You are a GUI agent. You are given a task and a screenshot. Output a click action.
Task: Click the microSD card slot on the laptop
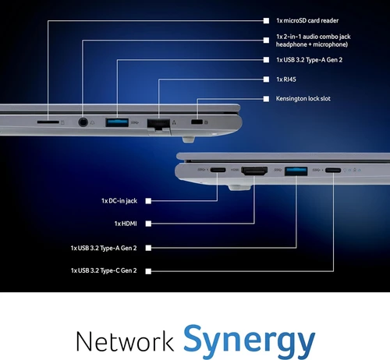click(x=48, y=122)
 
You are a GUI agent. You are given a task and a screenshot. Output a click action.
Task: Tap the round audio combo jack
click(x=83, y=122)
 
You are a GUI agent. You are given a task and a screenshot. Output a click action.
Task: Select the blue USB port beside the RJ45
click(x=117, y=122)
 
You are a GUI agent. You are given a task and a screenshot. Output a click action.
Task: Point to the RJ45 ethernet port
click(x=158, y=124)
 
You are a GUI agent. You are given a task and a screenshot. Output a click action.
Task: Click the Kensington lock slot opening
click(x=197, y=122)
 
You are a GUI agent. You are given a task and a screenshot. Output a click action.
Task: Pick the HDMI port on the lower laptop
click(x=254, y=171)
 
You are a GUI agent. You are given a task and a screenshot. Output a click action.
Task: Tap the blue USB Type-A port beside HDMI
click(x=296, y=171)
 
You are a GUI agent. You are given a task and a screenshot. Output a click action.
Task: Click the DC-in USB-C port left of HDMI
click(x=218, y=170)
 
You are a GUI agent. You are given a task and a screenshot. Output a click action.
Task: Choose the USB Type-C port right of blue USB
click(x=333, y=171)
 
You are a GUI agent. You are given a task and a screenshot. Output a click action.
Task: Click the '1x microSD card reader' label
click(x=307, y=20)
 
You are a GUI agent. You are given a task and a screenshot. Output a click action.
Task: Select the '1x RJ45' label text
click(x=286, y=79)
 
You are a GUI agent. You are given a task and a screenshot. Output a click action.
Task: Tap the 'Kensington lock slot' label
click(x=303, y=99)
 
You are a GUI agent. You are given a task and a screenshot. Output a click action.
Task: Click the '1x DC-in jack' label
click(x=119, y=201)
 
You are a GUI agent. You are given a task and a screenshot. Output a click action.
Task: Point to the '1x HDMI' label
click(x=126, y=224)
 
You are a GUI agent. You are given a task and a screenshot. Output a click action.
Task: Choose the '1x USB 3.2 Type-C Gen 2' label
click(x=104, y=270)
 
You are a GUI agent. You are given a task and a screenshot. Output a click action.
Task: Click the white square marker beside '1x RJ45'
click(x=266, y=79)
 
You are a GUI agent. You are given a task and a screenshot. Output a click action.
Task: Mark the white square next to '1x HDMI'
click(x=148, y=224)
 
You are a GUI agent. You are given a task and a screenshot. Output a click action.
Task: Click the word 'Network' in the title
click(x=125, y=341)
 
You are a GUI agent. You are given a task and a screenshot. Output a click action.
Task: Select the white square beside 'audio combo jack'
click(x=266, y=41)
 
